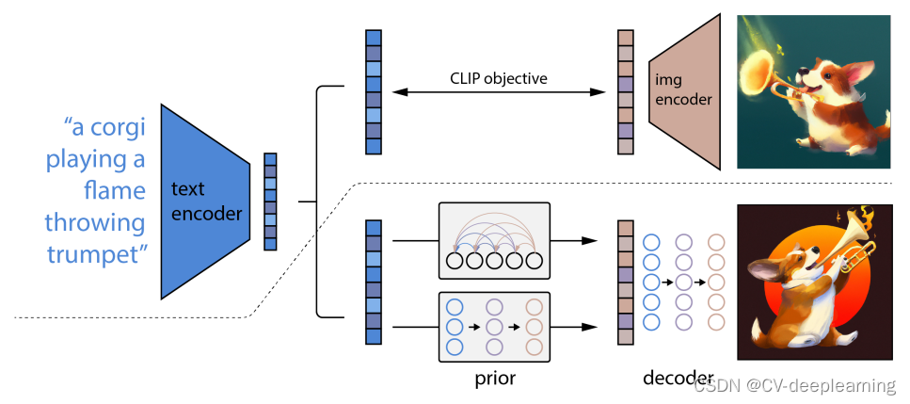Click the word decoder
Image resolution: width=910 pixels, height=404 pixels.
pos(677,378)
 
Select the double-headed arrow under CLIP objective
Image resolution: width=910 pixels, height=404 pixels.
pos(499,92)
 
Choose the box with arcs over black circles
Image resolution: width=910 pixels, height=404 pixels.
pos(493,240)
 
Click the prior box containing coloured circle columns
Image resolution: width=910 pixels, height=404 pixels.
pos(493,327)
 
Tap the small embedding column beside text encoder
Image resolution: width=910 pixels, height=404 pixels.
pos(270,202)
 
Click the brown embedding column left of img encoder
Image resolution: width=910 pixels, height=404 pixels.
pos(626,92)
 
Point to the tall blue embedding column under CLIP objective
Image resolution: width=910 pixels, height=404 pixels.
pos(374,92)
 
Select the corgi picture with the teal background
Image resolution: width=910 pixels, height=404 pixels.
pos(813,90)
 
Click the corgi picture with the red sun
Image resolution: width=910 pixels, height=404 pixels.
pos(813,282)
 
